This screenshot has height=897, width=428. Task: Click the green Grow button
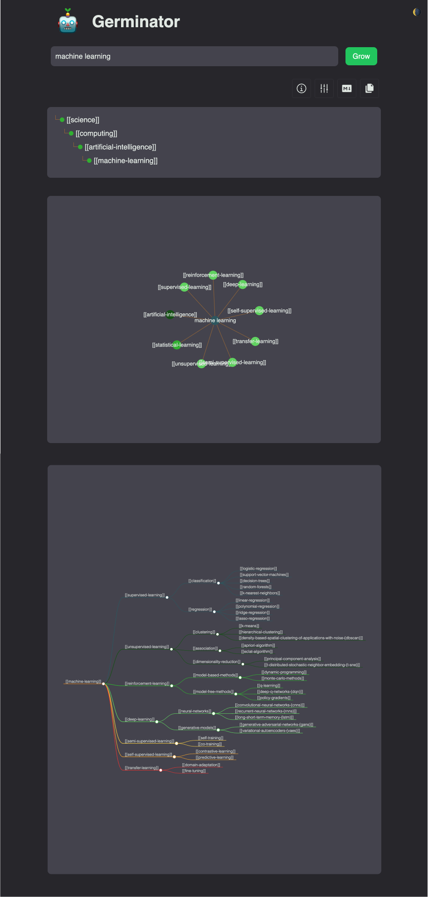[x=361, y=56]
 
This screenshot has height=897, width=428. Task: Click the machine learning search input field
[x=194, y=56]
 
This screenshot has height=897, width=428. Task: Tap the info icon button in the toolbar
[x=302, y=88]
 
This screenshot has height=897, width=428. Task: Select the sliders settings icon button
[x=324, y=88]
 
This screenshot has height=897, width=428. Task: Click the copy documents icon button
[x=370, y=88]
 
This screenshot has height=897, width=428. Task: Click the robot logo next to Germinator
[x=68, y=21]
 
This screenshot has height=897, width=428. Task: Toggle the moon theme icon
[x=417, y=12]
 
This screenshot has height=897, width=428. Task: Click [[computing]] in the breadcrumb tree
[x=96, y=133]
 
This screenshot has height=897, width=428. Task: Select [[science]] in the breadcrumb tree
[x=83, y=120]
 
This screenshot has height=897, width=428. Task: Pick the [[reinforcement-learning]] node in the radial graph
[x=213, y=275]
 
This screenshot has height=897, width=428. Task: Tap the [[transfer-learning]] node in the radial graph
[x=255, y=341]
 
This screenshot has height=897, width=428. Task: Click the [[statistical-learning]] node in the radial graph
[x=177, y=345]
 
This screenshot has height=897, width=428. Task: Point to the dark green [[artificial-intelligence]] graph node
[x=170, y=314]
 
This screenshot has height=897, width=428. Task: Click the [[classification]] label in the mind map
[x=202, y=581]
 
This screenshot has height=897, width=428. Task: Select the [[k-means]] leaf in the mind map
[x=249, y=626]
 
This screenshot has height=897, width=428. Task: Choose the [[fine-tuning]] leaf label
[x=194, y=771]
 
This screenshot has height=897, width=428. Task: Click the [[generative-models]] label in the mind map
[x=197, y=728]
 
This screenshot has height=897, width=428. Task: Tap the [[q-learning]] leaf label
[x=268, y=686]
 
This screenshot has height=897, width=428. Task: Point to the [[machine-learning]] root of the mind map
[x=83, y=682]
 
